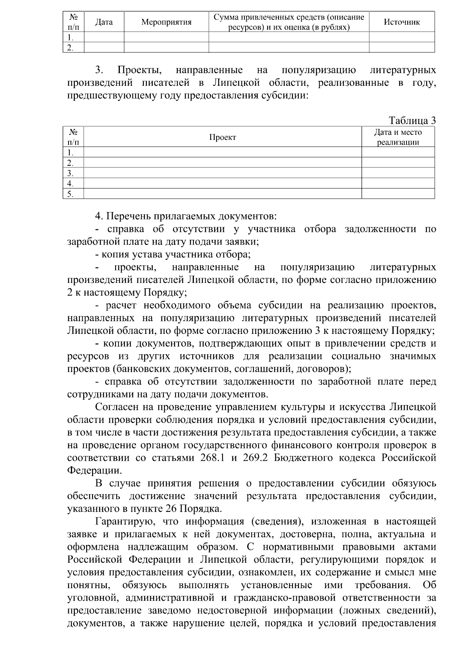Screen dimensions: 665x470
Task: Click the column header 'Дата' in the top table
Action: tap(104, 22)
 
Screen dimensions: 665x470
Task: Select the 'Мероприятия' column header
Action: tap(166, 22)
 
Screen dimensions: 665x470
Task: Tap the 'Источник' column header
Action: tap(401, 22)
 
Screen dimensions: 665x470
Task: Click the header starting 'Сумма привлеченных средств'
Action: tap(289, 22)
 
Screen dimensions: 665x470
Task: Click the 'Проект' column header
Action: tap(222, 137)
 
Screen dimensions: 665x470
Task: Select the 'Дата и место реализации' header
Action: tap(398, 137)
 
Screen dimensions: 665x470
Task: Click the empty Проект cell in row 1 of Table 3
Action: tap(222, 152)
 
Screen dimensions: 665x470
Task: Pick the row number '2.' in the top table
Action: tap(70, 48)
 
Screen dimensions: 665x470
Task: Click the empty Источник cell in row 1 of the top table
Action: tap(401, 37)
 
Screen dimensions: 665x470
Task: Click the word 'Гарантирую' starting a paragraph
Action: tap(123, 522)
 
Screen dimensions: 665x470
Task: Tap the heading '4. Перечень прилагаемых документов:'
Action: tap(186, 216)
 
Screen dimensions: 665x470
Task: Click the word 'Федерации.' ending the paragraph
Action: tap(94, 471)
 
